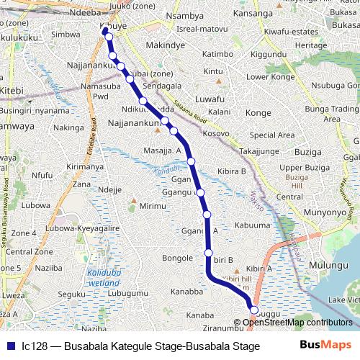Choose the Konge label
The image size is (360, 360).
[258, 113]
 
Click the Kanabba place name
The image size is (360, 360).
[186, 292]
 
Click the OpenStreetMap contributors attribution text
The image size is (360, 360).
[297, 322]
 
